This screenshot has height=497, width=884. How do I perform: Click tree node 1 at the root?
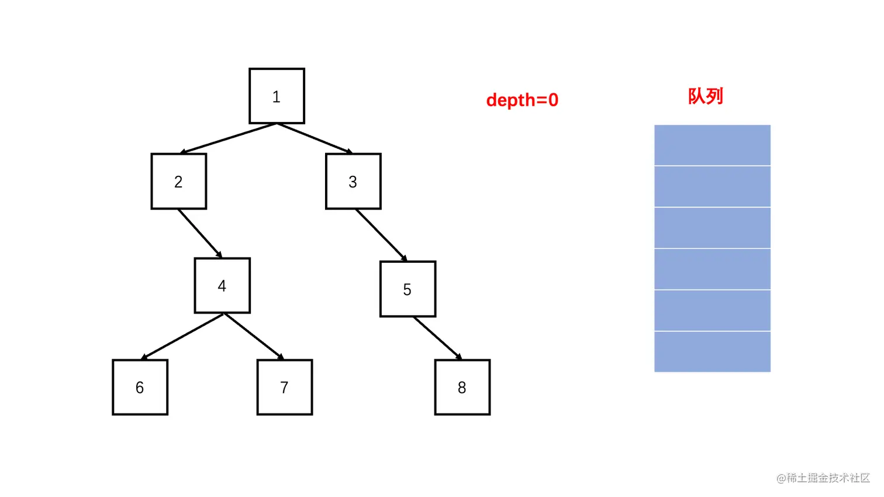277,96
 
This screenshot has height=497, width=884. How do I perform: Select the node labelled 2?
178,182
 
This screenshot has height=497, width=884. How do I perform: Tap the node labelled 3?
353,182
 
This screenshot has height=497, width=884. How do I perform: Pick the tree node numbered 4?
222,286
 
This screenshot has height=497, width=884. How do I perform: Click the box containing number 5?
408,289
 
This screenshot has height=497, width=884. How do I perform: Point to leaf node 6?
140,387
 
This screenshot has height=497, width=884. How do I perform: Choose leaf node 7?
284,387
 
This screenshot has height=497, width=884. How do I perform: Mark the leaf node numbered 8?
462,387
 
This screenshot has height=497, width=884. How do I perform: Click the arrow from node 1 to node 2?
228,138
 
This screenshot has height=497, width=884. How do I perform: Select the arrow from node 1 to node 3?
315,138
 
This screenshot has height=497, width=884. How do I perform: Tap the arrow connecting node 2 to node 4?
200,233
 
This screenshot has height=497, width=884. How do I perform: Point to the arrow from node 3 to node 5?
381,235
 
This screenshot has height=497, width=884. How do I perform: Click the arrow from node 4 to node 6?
183,336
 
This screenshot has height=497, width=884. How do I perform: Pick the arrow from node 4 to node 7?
254,336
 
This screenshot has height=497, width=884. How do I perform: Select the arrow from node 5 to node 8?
437,338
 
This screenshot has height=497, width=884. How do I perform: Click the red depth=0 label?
522,100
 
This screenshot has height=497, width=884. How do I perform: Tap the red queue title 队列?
705,96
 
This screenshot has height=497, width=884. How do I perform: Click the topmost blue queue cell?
712,145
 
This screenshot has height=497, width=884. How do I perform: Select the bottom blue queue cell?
712,352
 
